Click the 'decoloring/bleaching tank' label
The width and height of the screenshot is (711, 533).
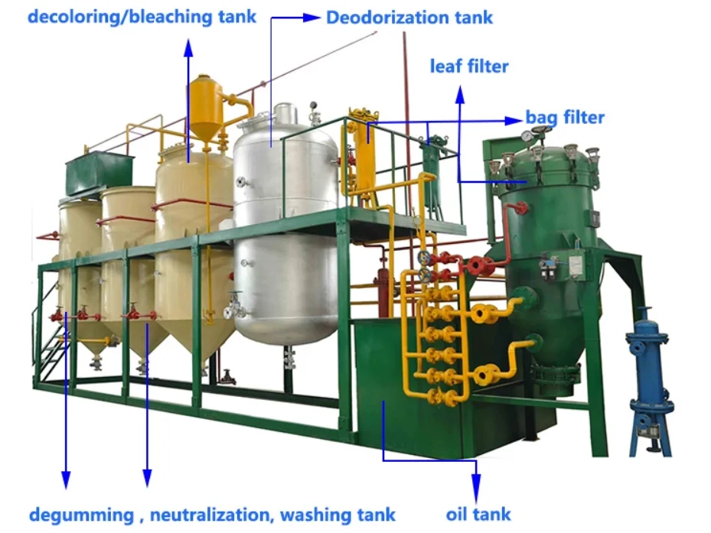point(142,15)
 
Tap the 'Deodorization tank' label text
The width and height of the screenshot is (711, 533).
point(409,17)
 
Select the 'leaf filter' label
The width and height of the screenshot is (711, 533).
point(468,67)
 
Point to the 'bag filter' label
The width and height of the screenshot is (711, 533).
point(565,117)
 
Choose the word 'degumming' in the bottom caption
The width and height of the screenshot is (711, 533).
point(80,515)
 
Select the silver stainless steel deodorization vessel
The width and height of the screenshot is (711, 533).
point(285,229)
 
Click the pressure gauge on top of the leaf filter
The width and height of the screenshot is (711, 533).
point(527,136)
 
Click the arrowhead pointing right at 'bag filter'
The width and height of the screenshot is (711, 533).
point(514,119)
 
